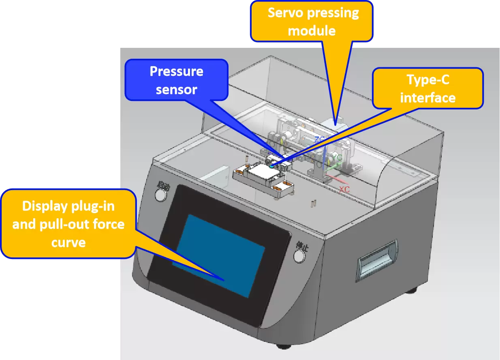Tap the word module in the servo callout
coord(312,30)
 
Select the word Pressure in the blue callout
coord(176,71)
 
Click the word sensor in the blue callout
coord(176,89)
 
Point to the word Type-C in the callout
coord(428,80)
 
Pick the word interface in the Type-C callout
coord(428,98)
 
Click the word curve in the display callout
coord(68,242)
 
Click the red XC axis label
coord(344,189)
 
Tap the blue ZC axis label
coord(320,139)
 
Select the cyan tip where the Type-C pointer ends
coord(270,165)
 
